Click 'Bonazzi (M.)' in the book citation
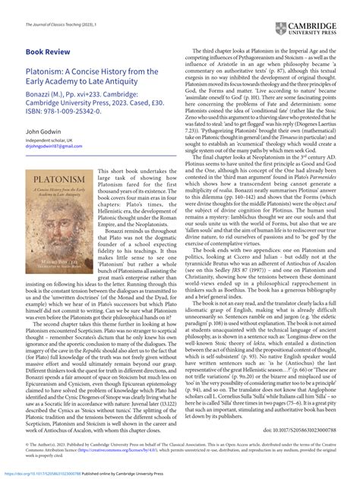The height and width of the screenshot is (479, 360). [49, 109]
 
